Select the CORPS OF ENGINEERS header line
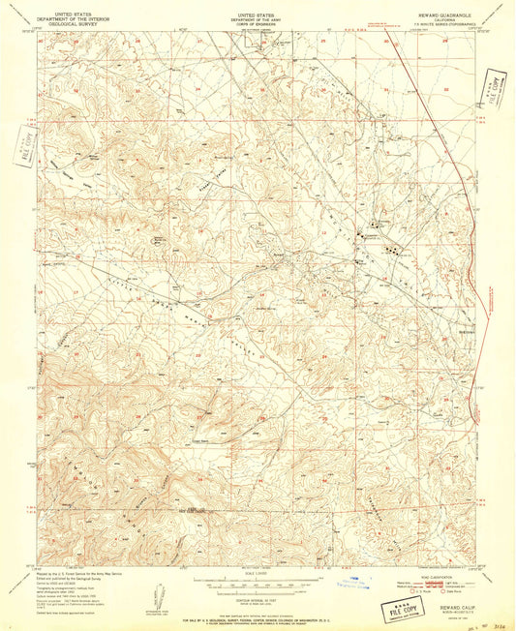[x=258, y=23]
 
